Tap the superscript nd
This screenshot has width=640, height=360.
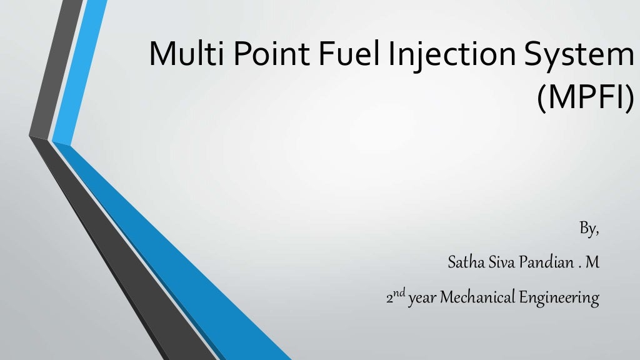(x=399, y=292)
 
